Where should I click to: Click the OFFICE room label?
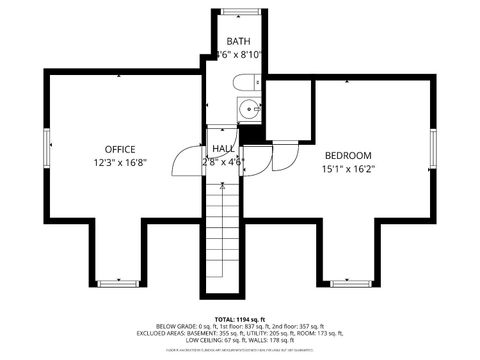(119, 149)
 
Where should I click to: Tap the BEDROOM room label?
(347, 155)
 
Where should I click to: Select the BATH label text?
(238, 40)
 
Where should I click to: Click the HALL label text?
(222, 148)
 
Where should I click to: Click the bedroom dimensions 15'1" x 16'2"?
(347, 169)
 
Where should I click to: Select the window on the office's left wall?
(46, 150)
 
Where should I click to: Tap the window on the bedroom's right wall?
(434, 148)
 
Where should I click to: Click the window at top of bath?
(238, 12)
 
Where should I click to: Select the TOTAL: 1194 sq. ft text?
(240, 319)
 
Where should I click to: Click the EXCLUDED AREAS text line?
(240, 333)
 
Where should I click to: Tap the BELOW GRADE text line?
(240, 326)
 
